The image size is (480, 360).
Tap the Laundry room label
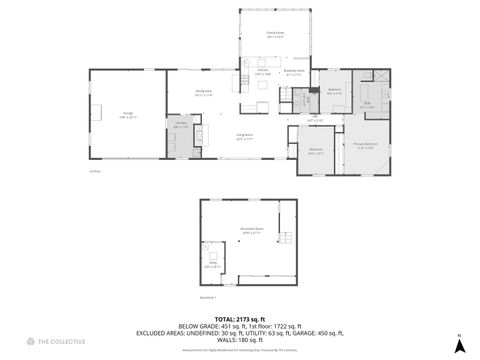pos(182,126)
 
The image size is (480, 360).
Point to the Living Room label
pos(243,138)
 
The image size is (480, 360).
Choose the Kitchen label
pos(263,72)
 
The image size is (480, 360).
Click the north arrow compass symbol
pos(458,345)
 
